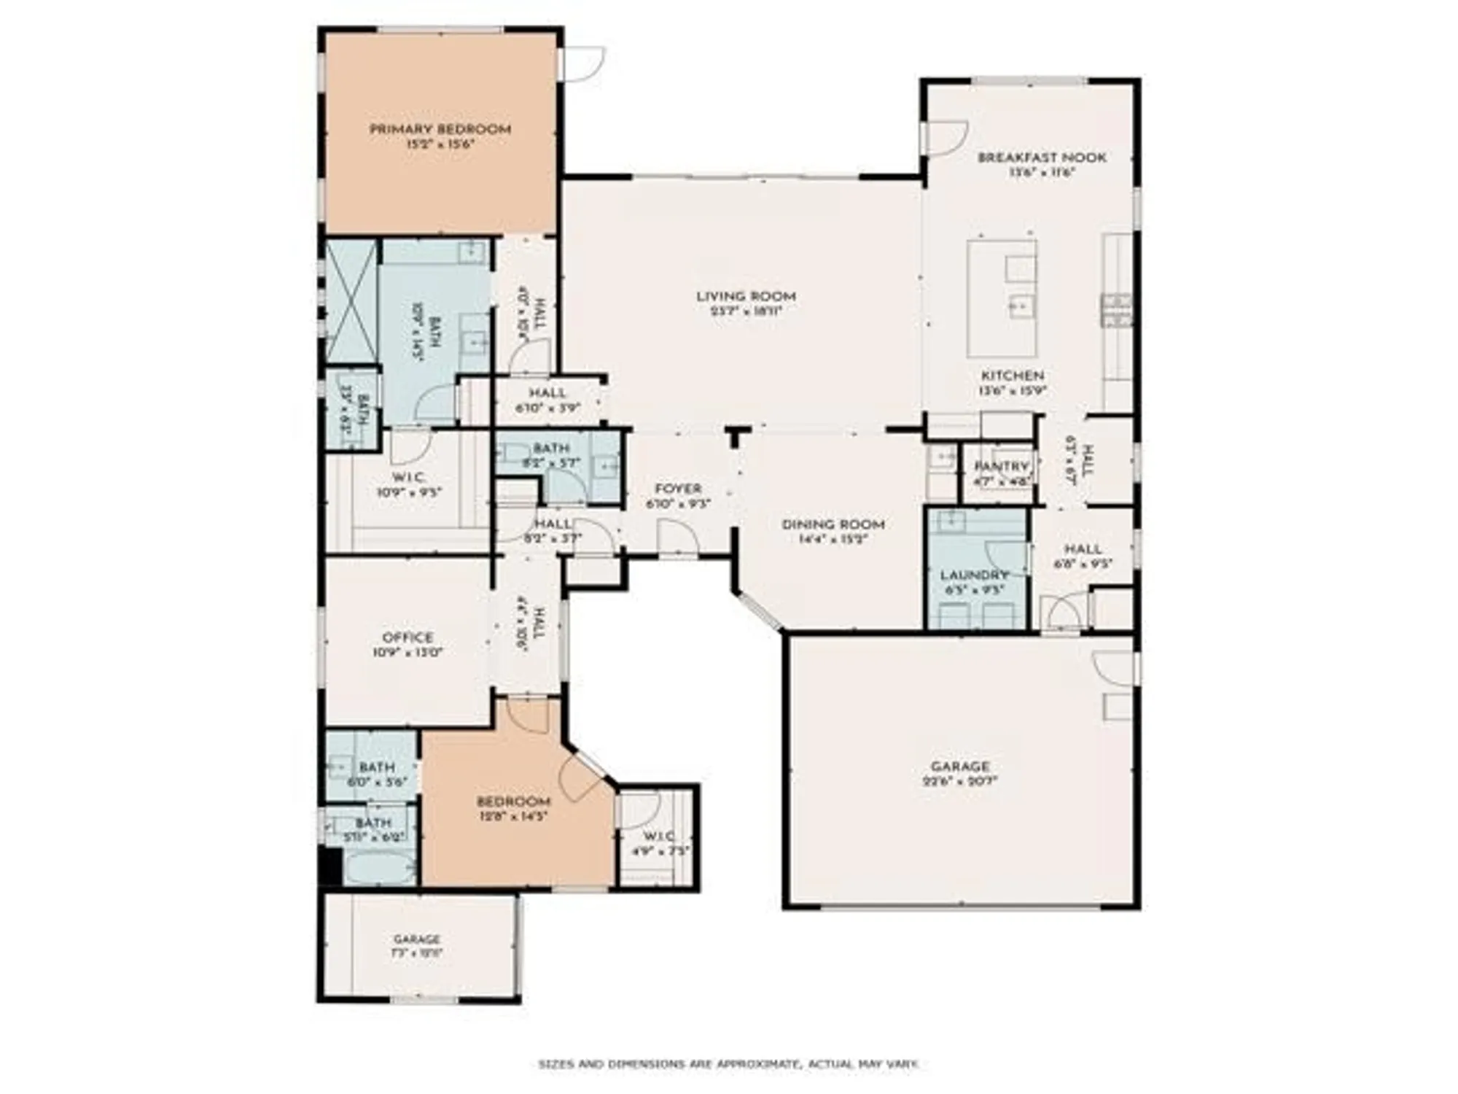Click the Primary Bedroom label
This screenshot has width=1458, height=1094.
click(440, 130)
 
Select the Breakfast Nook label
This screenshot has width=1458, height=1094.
click(1042, 158)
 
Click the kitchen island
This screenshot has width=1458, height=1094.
click(1002, 298)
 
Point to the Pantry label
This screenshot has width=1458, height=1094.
click(1001, 466)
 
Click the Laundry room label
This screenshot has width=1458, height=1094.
click(974, 575)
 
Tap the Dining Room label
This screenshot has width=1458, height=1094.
click(833, 524)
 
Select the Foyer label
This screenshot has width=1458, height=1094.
click(678, 489)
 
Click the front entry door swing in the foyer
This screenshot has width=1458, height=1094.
click(678, 538)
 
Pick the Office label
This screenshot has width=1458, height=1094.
click(408, 637)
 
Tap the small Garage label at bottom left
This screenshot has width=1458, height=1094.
click(417, 939)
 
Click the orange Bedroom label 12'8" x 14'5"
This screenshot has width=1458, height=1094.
click(513, 802)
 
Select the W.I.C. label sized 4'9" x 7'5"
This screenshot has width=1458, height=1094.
click(658, 836)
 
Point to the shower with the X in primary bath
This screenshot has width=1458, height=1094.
click(351, 301)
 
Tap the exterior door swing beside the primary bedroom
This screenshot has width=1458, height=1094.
click(583, 63)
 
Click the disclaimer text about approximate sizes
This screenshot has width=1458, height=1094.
click(728, 1065)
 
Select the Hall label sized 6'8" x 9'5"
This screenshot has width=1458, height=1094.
click(1083, 549)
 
